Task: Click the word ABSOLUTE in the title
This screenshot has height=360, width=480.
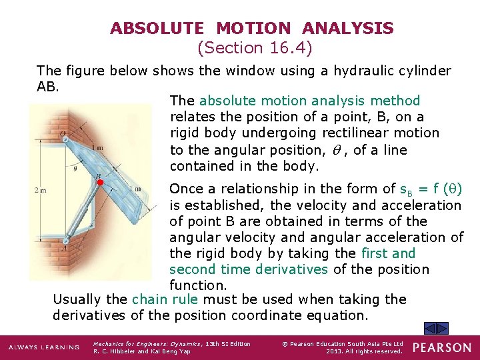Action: [157, 29]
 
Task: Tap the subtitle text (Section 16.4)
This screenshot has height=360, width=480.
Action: [255, 48]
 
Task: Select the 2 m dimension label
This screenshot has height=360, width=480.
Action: [40, 191]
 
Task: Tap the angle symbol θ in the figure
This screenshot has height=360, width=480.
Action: [75, 169]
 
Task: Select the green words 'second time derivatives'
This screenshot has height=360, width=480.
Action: [248, 269]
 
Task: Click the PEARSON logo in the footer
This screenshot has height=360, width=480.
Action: [442, 347]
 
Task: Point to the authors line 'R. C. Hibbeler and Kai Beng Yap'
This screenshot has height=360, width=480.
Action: [141, 351]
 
